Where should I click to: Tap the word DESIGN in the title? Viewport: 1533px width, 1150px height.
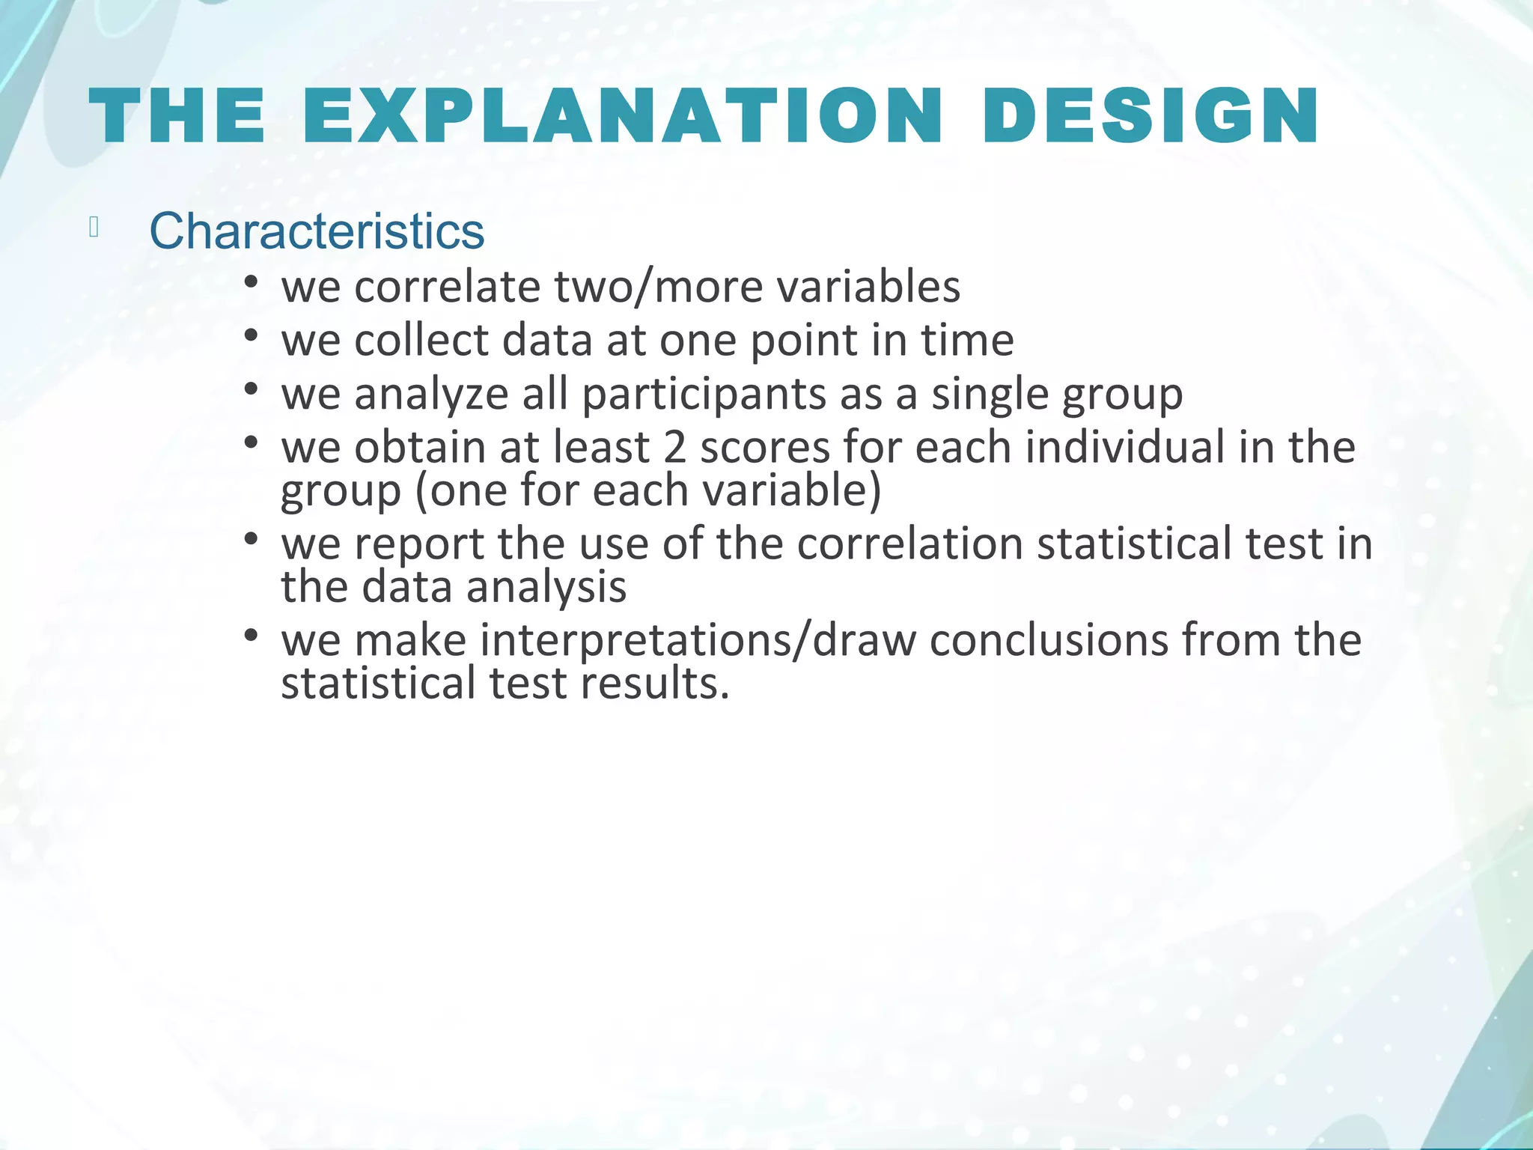click(1150, 116)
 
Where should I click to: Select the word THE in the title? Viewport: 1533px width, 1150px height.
click(177, 116)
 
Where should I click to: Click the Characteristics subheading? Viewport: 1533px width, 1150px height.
click(317, 231)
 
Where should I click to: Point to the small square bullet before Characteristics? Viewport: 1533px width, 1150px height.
click(94, 227)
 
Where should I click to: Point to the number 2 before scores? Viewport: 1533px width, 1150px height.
click(674, 447)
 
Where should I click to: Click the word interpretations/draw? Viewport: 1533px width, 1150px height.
click(698, 640)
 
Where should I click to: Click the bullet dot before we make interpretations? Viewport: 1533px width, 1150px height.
click(251, 636)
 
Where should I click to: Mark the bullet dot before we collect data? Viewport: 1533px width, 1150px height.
click(251, 335)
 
